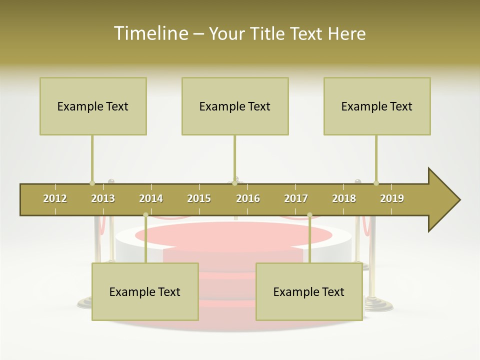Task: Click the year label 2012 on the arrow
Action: click(55, 198)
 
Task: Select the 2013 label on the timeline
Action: click(103, 198)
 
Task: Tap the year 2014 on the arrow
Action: click(151, 198)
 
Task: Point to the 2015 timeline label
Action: click(199, 198)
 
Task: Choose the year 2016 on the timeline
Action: click(248, 198)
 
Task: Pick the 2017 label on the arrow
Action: click(296, 198)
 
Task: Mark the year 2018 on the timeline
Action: click(344, 198)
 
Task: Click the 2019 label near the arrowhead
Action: click(392, 198)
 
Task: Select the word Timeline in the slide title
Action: click(150, 33)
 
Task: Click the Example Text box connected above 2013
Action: click(93, 106)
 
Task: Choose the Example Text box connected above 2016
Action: click(235, 106)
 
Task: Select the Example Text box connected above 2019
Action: click(377, 106)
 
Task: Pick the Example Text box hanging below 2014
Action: click(145, 291)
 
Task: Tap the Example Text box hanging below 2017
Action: click(309, 291)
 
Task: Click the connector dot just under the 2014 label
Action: click(145, 215)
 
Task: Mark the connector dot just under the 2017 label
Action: click(309, 215)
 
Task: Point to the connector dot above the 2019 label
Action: click(376, 183)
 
